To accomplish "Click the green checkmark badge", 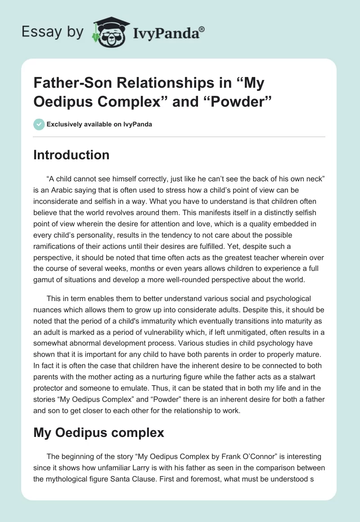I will [39, 124].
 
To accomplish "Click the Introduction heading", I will [72, 155].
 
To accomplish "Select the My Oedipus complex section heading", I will [99, 433].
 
